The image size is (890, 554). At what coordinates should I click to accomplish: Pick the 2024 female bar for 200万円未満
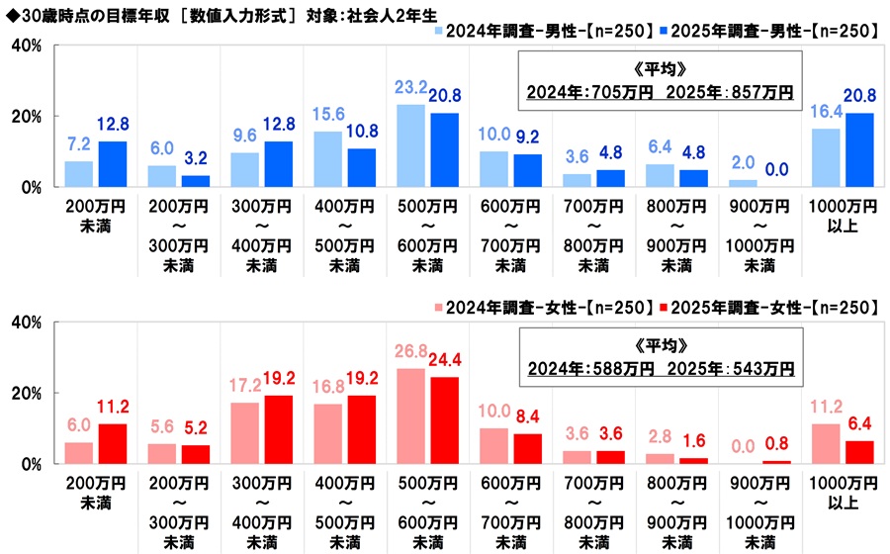(x=79, y=452)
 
